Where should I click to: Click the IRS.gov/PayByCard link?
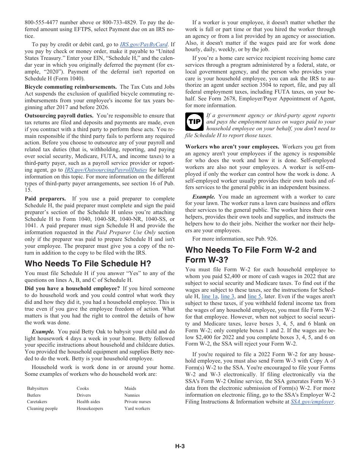(144, 44)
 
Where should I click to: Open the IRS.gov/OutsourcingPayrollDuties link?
(106, 170)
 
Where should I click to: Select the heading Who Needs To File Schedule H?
(88, 263)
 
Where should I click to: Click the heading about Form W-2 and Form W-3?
(250, 255)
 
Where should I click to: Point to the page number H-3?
(180, 446)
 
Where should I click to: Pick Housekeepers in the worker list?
(90, 408)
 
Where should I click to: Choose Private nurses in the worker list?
(137, 402)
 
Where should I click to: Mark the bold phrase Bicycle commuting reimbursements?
(70, 87)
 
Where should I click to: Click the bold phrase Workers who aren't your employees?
(232, 147)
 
